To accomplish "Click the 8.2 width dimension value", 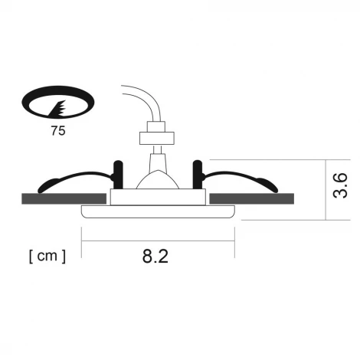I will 155,257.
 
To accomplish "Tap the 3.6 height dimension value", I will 340,185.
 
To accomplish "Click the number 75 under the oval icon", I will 57,130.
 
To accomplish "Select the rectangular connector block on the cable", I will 154,139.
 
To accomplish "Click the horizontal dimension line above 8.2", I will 157,239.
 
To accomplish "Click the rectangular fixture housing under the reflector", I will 157,198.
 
